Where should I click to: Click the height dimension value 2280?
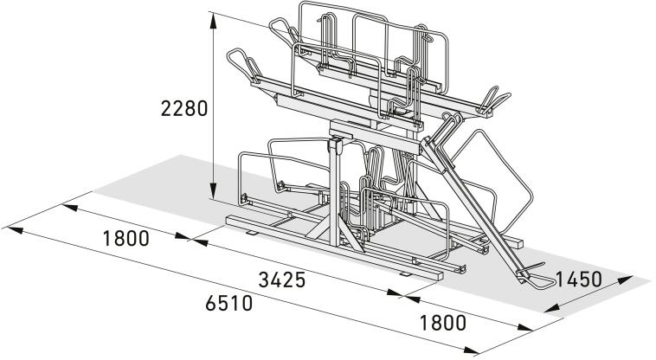184,109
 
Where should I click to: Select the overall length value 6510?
228,303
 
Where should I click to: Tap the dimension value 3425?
282,280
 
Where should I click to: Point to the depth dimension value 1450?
579,279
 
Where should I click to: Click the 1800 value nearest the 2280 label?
126,239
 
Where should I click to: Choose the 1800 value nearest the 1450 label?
442,323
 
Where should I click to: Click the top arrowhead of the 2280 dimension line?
213,20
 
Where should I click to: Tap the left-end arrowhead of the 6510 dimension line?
14,229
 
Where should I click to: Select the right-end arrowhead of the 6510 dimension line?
469,350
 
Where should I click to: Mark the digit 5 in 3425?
300,280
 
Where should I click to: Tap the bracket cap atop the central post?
336,145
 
